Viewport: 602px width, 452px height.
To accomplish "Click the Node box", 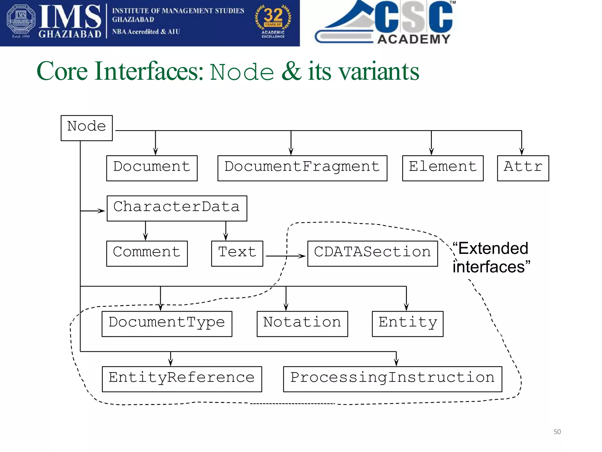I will click(86, 128).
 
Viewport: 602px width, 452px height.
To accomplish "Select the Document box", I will click(152, 168).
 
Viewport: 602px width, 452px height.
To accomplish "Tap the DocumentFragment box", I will click(302, 168).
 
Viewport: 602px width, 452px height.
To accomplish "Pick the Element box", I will click(442, 168).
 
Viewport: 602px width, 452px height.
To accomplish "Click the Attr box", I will click(523, 168).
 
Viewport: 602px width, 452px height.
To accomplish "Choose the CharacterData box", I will click(177, 208).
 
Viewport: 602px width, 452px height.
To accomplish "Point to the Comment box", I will click(147, 253).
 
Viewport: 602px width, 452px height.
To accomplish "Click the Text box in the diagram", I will click(237, 253).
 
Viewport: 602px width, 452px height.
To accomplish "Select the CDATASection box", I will click(372, 253).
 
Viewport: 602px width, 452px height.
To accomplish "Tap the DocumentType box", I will click(167, 324).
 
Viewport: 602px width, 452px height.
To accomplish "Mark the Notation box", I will click(302, 324).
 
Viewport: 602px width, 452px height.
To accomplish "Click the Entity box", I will click(407, 324).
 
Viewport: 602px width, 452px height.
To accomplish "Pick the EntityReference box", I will click(182, 379).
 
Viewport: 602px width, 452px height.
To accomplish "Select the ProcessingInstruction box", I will click(392, 379).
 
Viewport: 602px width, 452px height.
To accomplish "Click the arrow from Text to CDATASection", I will click(285, 256).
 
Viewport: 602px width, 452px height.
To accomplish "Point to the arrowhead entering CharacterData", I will click(102, 211).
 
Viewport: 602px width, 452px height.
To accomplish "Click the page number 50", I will click(557, 432).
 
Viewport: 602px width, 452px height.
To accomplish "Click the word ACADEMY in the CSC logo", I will click(414, 39).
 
